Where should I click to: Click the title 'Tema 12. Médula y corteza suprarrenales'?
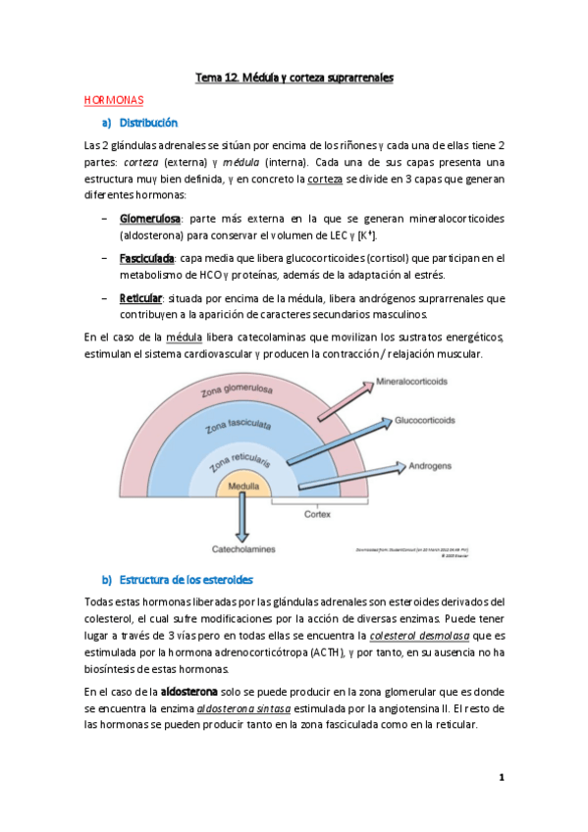pos(294,78)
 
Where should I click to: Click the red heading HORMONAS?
pos(114,100)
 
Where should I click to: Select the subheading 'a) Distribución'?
pos(139,124)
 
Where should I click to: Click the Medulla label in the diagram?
pos(243,486)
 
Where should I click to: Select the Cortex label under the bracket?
pos(316,514)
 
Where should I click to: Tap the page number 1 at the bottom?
pos(501,777)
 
